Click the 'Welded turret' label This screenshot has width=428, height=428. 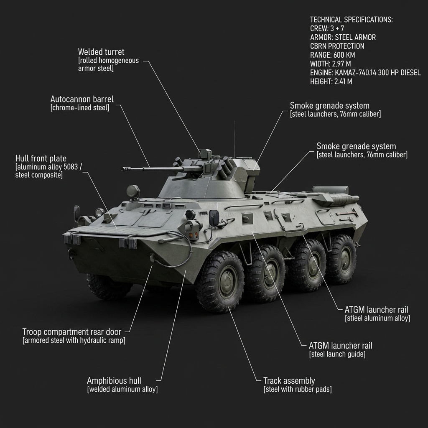click(x=101, y=52)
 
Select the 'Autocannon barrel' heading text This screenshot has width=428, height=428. click(x=82, y=99)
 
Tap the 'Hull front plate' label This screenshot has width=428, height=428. click(x=41, y=158)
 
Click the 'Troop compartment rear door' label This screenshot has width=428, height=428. click(x=71, y=332)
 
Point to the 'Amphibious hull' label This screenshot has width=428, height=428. click(x=114, y=381)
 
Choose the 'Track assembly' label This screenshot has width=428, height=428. click(x=289, y=381)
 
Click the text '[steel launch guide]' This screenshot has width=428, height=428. click(x=337, y=354)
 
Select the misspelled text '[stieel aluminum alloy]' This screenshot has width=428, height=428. click(x=377, y=318)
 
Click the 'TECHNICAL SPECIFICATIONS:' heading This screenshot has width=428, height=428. click(x=351, y=20)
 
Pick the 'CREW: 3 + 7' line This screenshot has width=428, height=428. click(x=327, y=28)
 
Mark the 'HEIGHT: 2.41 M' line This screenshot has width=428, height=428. click(x=331, y=82)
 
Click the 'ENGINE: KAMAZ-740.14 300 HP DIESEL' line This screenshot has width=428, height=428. click(x=365, y=73)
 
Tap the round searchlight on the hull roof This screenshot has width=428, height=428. click(x=133, y=191)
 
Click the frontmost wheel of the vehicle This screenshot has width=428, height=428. click(x=220, y=281)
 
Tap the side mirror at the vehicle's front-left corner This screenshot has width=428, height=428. click(x=76, y=211)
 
